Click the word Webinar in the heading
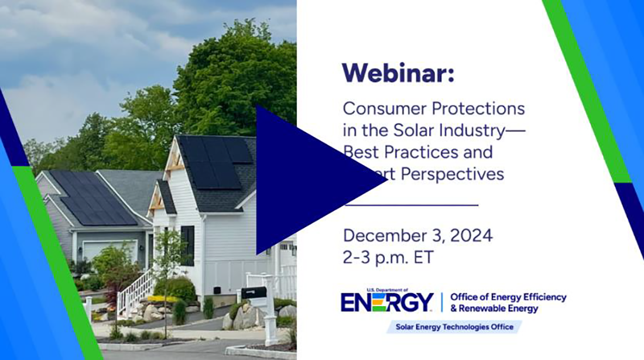[x=398, y=73]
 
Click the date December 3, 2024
[x=417, y=236]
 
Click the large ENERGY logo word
[x=387, y=303]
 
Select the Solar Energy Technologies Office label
[x=454, y=327]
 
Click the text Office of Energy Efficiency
[x=508, y=297]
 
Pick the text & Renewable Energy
[x=494, y=308]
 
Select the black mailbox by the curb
[x=254, y=292]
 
